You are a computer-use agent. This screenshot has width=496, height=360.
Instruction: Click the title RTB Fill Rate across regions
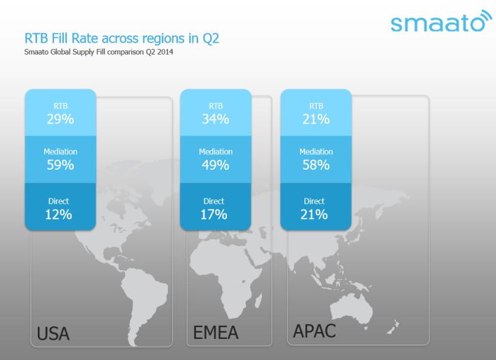(121, 39)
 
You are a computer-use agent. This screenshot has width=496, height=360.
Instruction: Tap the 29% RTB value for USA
(60, 119)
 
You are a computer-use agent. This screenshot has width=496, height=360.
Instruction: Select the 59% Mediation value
(60, 165)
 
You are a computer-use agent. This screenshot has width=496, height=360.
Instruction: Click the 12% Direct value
(59, 215)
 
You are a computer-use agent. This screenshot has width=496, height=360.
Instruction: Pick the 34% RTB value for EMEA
(215, 119)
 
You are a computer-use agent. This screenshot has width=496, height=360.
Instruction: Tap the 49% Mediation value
(215, 165)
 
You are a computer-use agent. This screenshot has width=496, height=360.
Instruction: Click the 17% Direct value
(214, 215)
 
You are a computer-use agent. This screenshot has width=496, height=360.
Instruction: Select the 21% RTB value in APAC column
(316, 119)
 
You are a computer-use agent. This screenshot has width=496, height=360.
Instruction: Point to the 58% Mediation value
(316, 165)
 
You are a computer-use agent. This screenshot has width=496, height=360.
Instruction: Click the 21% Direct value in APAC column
(315, 215)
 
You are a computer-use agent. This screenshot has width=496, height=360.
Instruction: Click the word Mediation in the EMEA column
(215, 152)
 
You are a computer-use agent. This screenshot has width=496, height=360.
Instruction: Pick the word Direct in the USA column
(58, 201)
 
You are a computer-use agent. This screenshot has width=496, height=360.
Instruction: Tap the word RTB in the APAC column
(316, 106)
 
